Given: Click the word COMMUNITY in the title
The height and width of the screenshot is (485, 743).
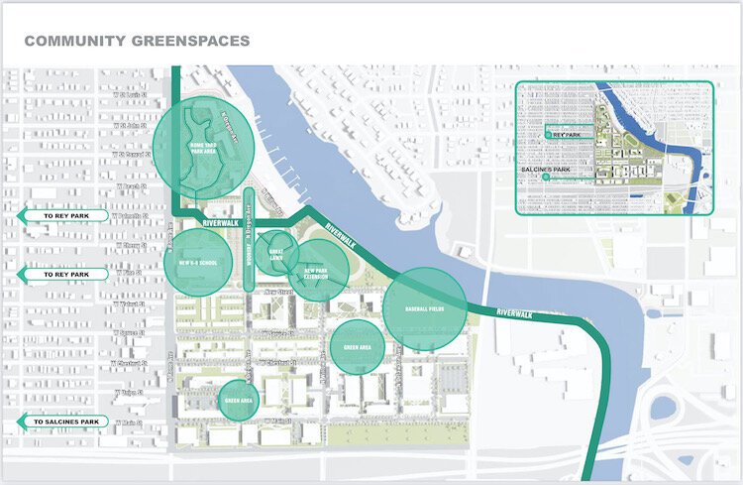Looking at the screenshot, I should pyautogui.click(x=71, y=42).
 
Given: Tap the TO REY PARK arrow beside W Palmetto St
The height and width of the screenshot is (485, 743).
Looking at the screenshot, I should pyautogui.click(x=56, y=215).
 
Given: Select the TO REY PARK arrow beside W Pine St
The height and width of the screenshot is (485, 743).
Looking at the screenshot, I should pyautogui.click(x=56, y=274).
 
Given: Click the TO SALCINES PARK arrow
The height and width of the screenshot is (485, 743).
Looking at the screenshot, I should pyautogui.click(x=61, y=422).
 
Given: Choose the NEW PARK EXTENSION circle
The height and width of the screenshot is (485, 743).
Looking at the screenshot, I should pyautogui.click(x=317, y=269).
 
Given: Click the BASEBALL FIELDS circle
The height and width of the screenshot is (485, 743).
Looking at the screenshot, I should pyautogui.click(x=424, y=308).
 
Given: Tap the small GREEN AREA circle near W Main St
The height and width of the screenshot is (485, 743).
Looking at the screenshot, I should pyautogui.click(x=238, y=401).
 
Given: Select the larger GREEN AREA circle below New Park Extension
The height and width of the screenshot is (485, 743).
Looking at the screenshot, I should pyautogui.click(x=357, y=347).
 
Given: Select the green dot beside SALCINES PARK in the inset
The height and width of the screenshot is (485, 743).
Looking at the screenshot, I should pyautogui.click(x=531, y=182).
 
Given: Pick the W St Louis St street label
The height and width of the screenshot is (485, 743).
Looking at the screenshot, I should pyautogui.click(x=130, y=126).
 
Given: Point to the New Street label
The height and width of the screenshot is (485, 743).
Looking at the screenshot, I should pyautogui.click(x=280, y=294).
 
